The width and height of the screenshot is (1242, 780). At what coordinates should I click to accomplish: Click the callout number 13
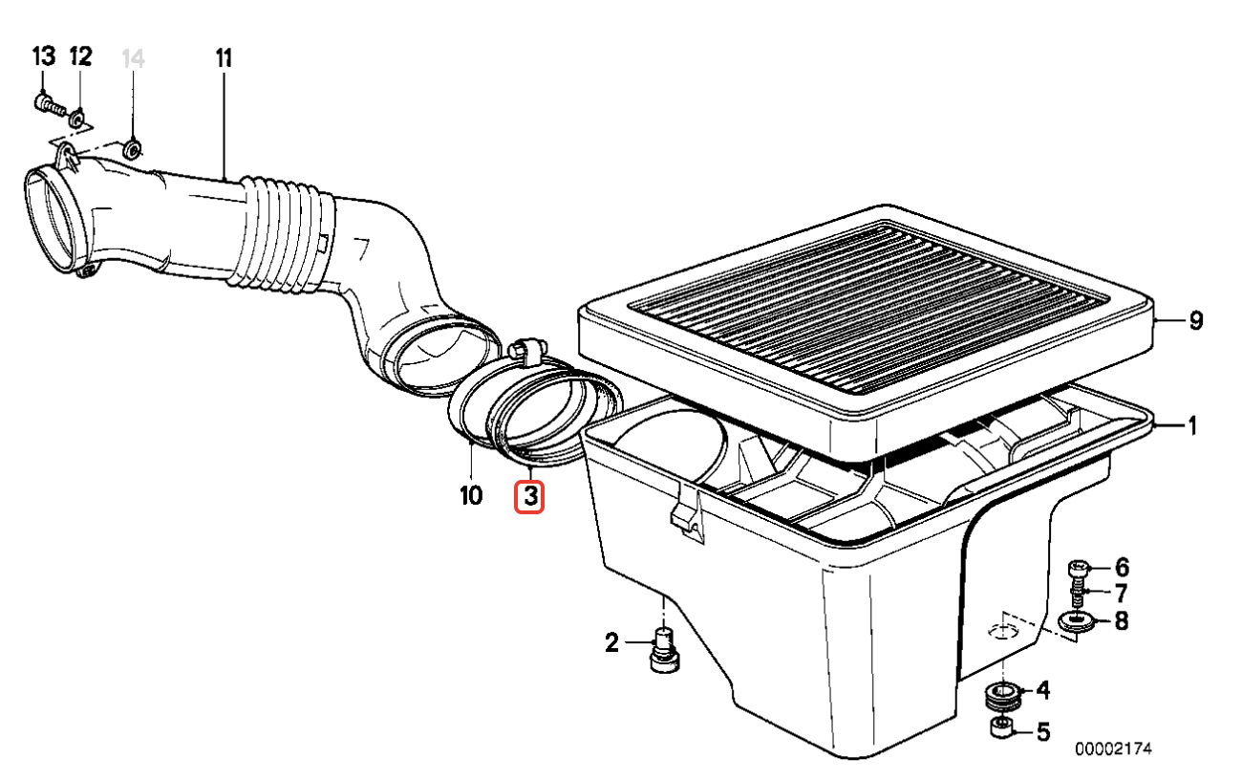click(44, 56)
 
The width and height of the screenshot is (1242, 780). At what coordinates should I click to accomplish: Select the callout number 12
click(80, 56)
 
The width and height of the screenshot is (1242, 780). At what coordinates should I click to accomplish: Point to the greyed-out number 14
click(133, 58)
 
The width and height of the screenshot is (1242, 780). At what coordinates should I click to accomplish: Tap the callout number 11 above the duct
click(224, 58)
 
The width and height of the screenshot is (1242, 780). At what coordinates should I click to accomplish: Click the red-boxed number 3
click(530, 496)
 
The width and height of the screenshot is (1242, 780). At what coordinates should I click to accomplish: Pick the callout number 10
click(471, 495)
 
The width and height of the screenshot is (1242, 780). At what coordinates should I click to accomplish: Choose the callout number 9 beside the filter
click(1196, 320)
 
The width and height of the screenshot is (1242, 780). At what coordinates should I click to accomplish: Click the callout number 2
click(611, 643)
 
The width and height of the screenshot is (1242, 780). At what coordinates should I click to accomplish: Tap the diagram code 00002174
click(1113, 748)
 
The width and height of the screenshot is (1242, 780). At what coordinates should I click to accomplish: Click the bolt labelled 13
click(50, 104)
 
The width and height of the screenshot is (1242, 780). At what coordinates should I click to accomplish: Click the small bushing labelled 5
click(1002, 728)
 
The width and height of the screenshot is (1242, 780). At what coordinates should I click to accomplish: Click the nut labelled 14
click(132, 149)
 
